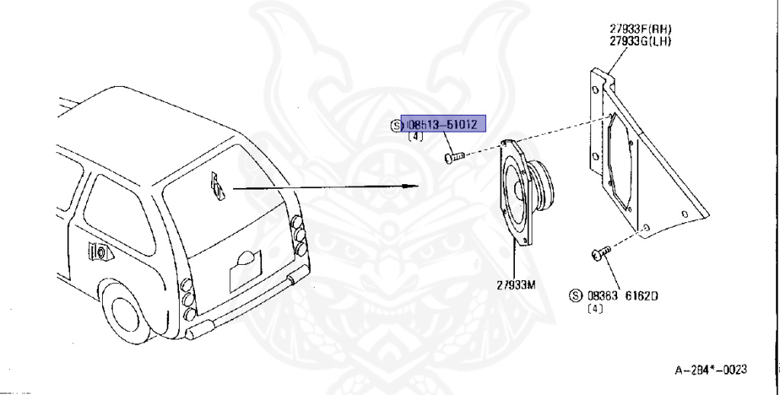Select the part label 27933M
(x=516, y=285)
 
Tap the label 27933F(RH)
(x=640, y=29)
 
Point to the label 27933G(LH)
(x=640, y=41)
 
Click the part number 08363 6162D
(x=623, y=295)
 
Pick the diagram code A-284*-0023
(x=711, y=370)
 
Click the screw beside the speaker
(x=452, y=158)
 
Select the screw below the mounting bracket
(x=600, y=253)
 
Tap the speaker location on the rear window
(x=217, y=186)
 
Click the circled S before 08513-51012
(x=396, y=126)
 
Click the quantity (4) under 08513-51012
(x=415, y=137)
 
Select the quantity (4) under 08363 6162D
(x=594, y=308)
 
